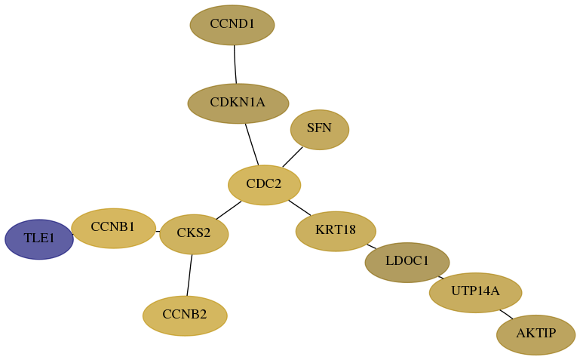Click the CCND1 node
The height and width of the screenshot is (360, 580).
pos(232,25)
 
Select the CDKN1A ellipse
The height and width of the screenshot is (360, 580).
pos(238,103)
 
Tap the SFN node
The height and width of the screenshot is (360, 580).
pos(320,130)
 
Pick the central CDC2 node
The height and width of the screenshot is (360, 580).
pos(265,185)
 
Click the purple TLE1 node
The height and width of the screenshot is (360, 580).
pos(39,239)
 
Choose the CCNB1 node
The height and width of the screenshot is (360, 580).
pos(114,228)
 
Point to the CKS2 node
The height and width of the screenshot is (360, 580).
pos(194,234)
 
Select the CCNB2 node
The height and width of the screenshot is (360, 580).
pos(185,315)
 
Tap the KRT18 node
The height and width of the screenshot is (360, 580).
pos(336,231)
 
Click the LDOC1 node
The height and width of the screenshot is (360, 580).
pos(407,263)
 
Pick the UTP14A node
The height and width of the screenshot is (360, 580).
pos(476,293)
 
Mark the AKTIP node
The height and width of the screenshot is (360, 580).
pos(536,335)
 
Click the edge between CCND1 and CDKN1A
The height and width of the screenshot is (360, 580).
pos(235,64)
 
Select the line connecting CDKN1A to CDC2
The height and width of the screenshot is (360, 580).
pos(252,144)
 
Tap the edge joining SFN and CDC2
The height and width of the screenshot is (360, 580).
pos(293,157)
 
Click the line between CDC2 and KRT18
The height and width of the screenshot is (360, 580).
pos(299,208)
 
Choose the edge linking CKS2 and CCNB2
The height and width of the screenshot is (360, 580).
pos(189,275)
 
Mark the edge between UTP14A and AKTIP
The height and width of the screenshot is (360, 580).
pos(506,314)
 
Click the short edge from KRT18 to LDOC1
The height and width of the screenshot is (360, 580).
pos(371,246)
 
